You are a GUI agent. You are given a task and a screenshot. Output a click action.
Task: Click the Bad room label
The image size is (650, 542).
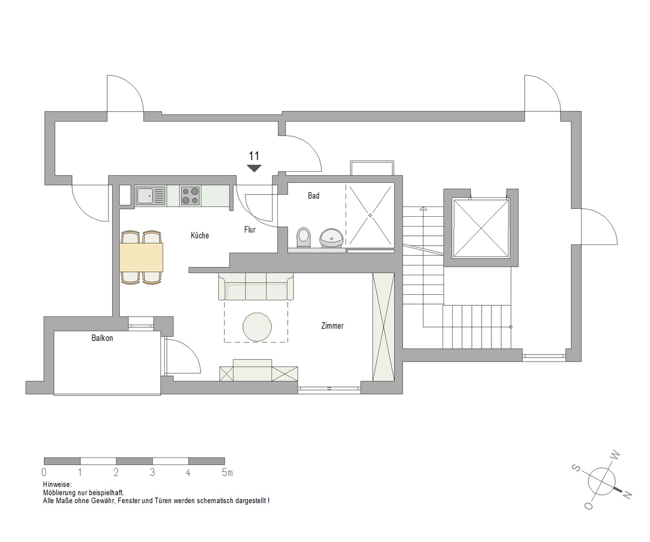point(314,196)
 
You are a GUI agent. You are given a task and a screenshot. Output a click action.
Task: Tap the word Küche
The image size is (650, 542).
point(199,235)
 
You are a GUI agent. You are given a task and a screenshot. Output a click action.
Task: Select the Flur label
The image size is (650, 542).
point(250,230)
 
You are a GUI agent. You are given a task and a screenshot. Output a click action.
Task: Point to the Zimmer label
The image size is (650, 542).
point(332,326)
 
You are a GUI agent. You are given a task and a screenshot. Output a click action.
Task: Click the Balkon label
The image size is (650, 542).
point(102,338)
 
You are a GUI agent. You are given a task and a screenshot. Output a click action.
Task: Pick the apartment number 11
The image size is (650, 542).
point(254,156)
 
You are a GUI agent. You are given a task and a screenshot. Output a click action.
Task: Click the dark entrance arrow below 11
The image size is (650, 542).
point(254,168)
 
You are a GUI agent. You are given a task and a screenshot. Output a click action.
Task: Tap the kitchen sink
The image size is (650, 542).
point(150,196)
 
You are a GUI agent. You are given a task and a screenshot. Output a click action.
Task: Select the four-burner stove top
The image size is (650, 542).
point(190,195)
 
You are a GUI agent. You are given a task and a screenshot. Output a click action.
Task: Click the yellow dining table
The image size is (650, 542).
point(141,257)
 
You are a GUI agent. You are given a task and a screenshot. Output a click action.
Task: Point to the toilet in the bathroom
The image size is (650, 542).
point(303,238)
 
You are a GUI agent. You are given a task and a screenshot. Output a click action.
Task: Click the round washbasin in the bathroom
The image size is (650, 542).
point(331,238)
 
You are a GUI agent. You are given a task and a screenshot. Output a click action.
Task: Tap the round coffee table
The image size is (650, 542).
point(257,327)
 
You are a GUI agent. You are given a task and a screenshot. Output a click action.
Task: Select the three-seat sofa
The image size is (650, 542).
point(256,287)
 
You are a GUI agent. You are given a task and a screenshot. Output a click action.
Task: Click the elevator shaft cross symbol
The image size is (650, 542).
point(482,229)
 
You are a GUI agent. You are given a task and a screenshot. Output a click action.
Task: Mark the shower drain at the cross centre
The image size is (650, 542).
point(370,215)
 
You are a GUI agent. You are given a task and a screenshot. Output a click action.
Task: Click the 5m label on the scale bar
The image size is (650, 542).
point(227,473)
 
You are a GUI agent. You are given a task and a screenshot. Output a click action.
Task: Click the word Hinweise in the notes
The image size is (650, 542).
point(57,485)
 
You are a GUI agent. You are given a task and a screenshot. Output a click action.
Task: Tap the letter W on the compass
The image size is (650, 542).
point(615,455)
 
